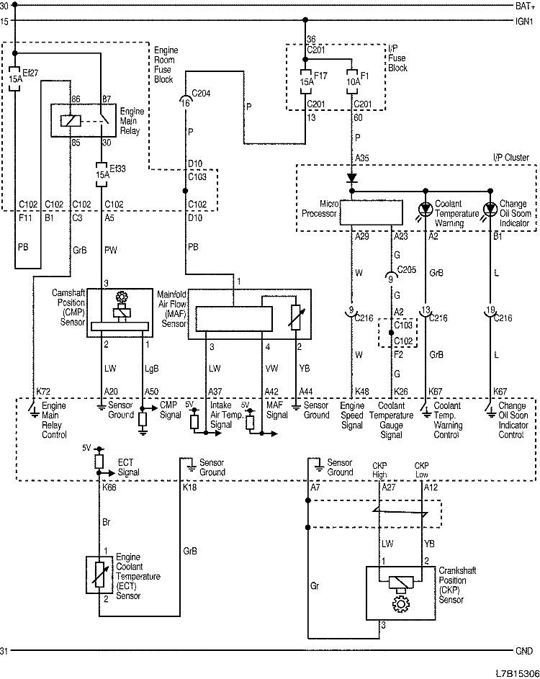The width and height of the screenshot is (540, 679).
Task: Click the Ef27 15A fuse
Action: [15, 77]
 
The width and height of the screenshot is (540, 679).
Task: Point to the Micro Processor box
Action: [371, 212]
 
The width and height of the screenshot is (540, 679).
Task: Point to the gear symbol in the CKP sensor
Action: [400, 600]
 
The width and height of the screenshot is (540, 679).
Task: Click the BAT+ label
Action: [523, 6]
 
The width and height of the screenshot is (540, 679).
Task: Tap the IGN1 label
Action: [523, 22]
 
